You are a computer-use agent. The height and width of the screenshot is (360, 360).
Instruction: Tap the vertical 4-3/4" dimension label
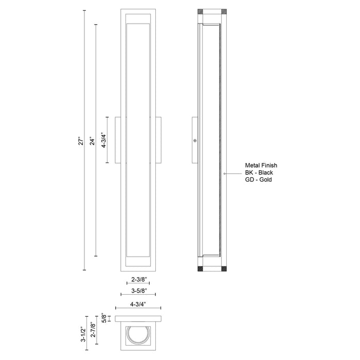(104, 139)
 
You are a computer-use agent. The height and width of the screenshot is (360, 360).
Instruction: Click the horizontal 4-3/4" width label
(138, 304)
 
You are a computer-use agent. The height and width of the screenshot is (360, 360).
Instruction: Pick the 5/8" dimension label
(104, 318)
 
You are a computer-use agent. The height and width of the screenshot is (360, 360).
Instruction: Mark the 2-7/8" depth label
(93, 328)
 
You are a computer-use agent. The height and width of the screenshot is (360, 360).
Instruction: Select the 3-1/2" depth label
(82, 332)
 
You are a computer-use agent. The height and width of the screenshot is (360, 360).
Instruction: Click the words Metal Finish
(261, 166)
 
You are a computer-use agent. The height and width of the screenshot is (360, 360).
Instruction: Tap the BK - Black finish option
(259, 173)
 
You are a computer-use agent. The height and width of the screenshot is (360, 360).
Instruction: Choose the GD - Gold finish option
(258, 181)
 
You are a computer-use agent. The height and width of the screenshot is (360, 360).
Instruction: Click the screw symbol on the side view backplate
(195, 140)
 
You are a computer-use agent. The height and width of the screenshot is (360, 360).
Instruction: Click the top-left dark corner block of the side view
(201, 10)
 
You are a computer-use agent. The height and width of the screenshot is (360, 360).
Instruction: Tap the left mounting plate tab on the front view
(118, 139)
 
